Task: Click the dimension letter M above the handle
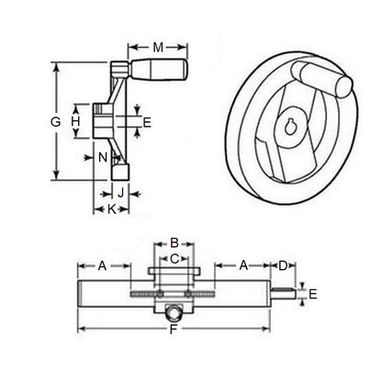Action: pos(159,47)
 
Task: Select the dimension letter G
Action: pos(56,122)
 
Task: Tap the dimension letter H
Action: pos(76,121)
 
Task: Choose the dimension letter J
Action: pos(120,192)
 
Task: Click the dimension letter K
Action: pos(112,209)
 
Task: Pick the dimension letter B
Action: pos(173,242)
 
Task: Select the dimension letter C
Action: pos(173,258)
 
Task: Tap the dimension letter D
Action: pos(283,265)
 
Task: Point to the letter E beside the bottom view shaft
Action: pos(314,294)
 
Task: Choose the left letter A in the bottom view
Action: pos(103,265)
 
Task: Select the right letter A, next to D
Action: pos(242,265)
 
